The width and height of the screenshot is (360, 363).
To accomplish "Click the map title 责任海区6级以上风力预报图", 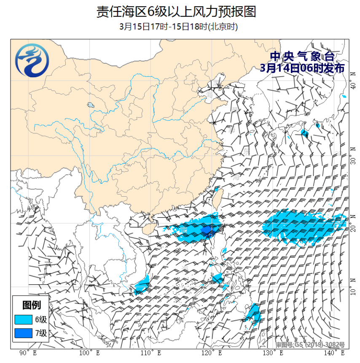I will pos(176,12).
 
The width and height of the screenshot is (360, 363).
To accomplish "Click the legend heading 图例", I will pos(31,305).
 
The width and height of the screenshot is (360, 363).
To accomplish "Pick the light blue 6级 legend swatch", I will pos(24,319).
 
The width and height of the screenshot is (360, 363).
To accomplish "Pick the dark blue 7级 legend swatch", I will pos(24,334).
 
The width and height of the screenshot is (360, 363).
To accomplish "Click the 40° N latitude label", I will pos(353,86).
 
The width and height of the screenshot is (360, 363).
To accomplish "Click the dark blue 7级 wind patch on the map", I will pos(207,230).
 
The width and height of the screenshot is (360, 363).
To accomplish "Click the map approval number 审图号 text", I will pos(310,345).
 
